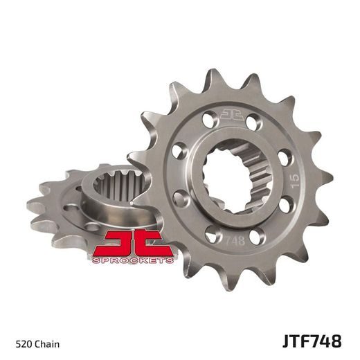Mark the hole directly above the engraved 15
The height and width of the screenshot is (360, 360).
(x=280, y=147)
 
